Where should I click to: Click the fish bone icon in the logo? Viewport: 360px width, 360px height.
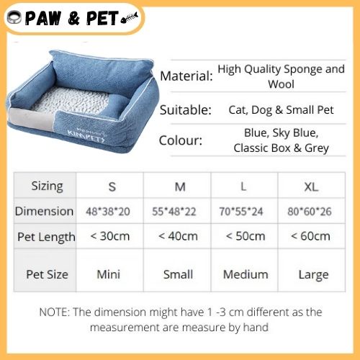(x=130, y=18)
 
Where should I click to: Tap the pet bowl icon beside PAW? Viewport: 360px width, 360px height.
(x=14, y=17)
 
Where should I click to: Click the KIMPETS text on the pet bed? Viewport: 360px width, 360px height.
(x=86, y=136)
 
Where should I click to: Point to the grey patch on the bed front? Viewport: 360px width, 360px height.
(x=31, y=119)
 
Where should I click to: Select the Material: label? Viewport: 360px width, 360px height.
(x=186, y=76)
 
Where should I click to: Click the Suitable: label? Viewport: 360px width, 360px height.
(x=186, y=110)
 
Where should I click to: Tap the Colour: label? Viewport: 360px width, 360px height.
(x=181, y=140)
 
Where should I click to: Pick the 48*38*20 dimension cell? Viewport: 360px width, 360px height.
(x=108, y=212)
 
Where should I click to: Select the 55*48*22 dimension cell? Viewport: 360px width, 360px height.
(x=174, y=212)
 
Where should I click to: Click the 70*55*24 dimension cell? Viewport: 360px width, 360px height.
(x=241, y=212)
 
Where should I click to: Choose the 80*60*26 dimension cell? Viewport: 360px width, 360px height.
(x=310, y=212)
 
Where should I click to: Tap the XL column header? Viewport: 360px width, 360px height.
(x=311, y=186)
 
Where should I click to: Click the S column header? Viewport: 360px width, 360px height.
(x=112, y=186)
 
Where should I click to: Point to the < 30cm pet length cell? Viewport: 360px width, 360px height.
(x=110, y=236)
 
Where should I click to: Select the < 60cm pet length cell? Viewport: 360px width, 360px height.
(x=310, y=236)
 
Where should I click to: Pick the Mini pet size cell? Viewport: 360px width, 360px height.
(x=109, y=274)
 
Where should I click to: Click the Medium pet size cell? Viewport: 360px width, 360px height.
(x=246, y=274)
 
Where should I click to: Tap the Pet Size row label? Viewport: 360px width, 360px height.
(x=47, y=274)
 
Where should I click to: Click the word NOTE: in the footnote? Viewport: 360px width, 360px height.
(x=54, y=312)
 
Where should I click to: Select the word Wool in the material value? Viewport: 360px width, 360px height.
(x=281, y=84)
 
